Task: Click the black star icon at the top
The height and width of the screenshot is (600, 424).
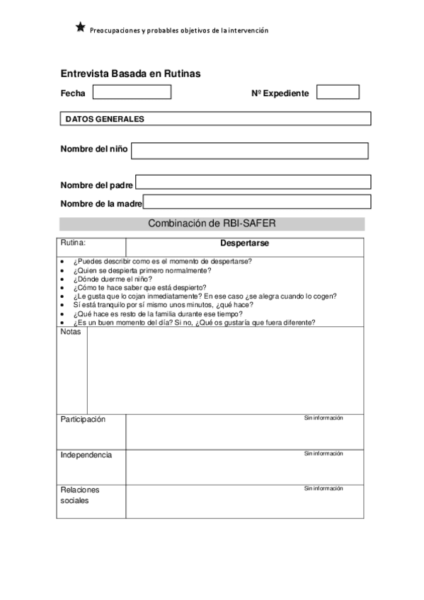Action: [80, 28]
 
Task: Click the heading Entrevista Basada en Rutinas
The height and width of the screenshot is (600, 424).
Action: [130, 73]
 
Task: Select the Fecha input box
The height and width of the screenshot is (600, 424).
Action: [132, 92]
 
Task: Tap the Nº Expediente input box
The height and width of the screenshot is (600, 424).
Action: [338, 92]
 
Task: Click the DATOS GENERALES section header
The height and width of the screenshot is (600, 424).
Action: [214, 119]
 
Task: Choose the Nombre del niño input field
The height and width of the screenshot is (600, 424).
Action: [249, 151]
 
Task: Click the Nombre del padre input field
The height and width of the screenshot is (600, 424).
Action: [253, 183]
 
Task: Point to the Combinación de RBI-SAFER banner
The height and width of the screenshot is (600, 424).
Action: [212, 224]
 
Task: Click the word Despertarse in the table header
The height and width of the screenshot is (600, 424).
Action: [244, 243]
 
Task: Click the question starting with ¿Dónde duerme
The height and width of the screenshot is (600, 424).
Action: [112, 279]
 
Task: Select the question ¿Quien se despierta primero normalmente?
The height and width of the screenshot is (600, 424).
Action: [142, 270]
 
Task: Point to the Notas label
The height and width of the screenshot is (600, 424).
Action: [71, 332]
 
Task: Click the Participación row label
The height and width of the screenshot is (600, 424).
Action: [83, 420]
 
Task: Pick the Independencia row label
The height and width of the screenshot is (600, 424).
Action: [86, 455]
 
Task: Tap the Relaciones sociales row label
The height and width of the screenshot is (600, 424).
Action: [80, 495]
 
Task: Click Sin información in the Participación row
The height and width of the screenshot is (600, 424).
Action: [323, 418]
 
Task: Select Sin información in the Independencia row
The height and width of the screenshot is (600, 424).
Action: [323, 454]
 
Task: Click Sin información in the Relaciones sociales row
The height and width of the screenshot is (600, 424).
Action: [323, 488]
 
